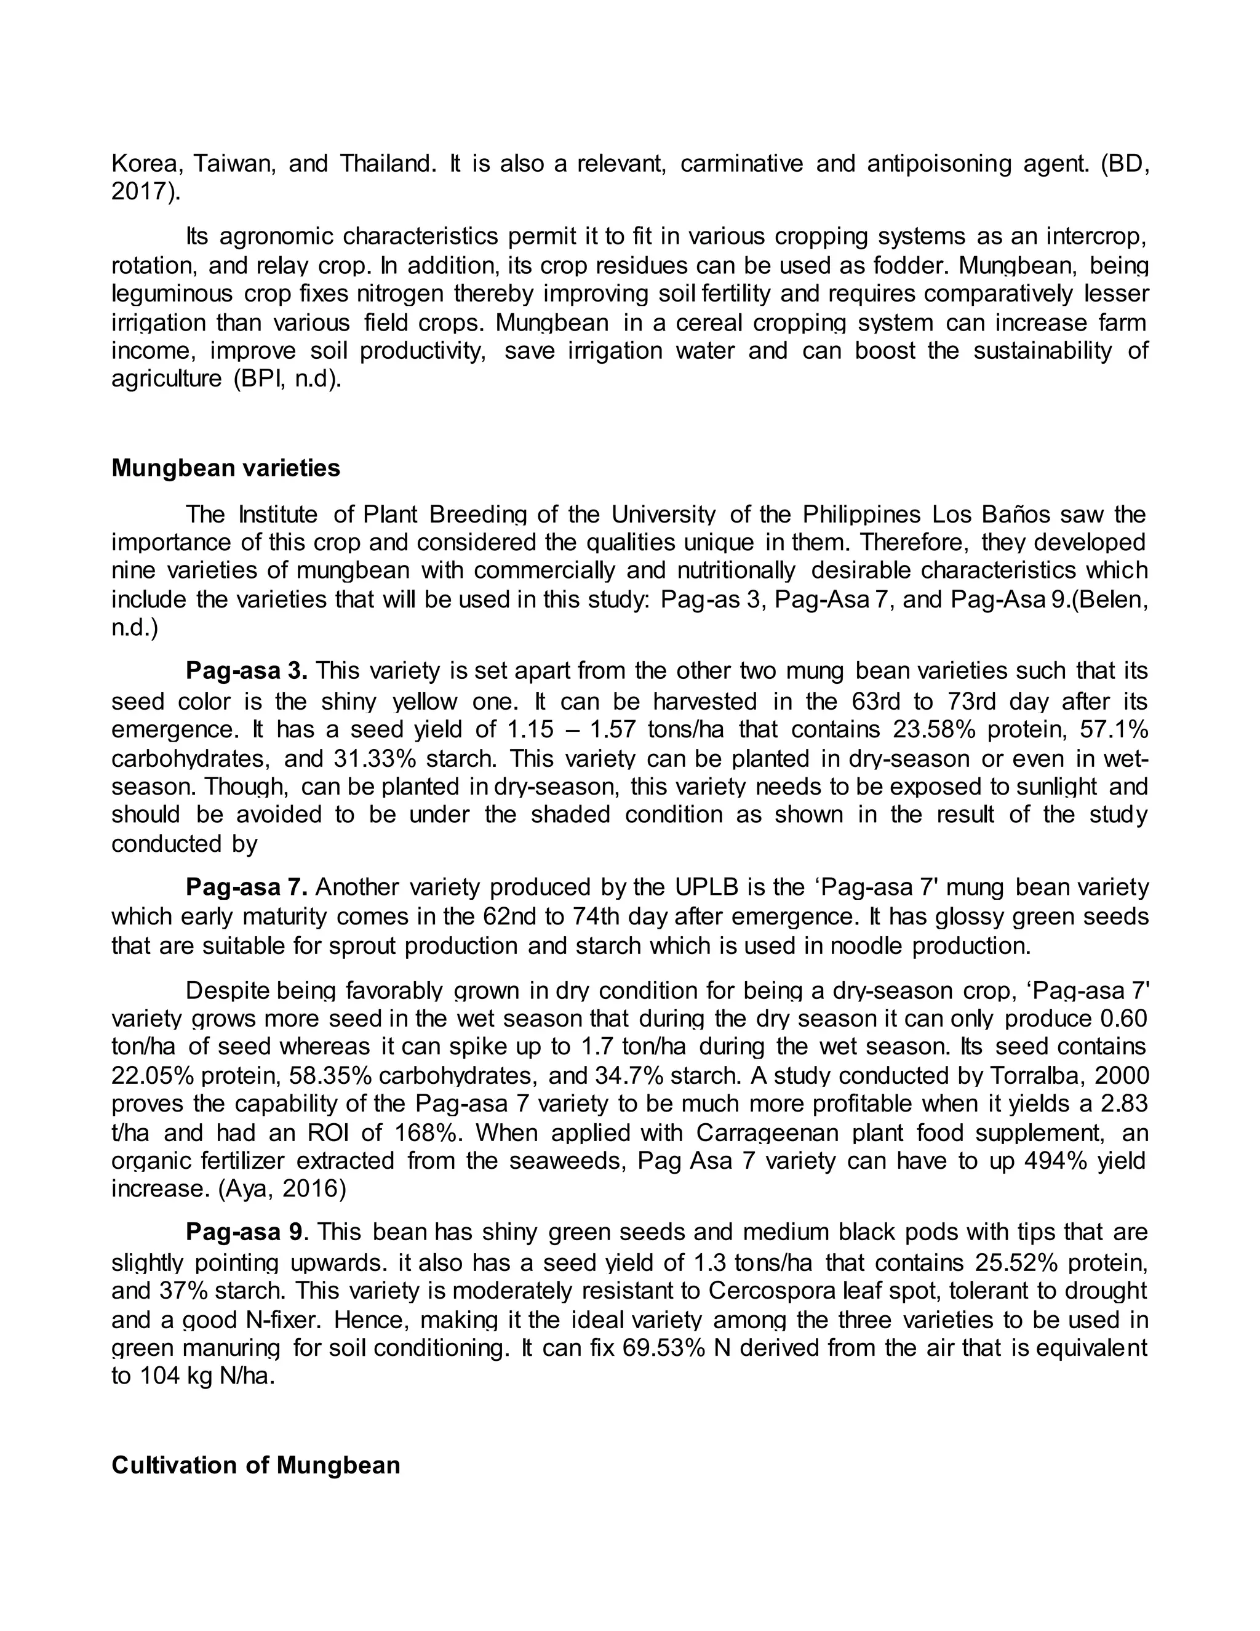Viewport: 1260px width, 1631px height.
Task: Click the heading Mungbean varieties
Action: pyautogui.click(x=225, y=468)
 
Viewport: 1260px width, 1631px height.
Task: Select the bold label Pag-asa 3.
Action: pyautogui.click(x=246, y=671)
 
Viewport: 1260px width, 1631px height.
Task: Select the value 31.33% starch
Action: pyautogui.click(x=367, y=758)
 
